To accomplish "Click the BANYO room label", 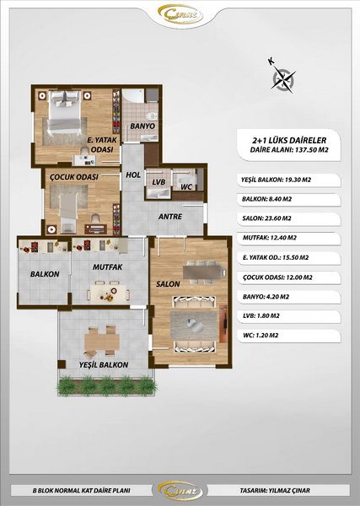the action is click(x=142, y=126).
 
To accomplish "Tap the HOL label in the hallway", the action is click(x=133, y=175).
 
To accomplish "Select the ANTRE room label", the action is click(x=170, y=217).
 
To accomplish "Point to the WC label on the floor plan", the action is click(x=186, y=187).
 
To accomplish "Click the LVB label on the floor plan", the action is click(x=159, y=182).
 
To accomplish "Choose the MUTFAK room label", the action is click(x=107, y=267).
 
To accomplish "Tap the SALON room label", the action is click(x=168, y=284).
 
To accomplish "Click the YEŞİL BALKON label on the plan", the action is click(x=104, y=364).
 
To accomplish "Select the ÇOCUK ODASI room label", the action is click(x=74, y=177).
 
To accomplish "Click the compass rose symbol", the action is click(x=283, y=79).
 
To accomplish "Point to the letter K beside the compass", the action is click(x=271, y=61).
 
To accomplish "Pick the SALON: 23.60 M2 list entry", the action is click(x=266, y=218).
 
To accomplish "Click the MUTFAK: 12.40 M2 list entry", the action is click(x=269, y=238).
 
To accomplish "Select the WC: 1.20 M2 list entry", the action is click(x=261, y=336).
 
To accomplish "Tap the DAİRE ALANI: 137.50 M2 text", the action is click(x=289, y=150).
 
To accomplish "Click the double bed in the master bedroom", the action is click(x=65, y=111).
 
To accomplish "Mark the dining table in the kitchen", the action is click(x=108, y=293).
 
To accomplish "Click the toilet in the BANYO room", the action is click(x=152, y=116).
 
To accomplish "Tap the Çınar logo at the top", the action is click(x=180, y=14).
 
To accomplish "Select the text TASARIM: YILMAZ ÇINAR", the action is click(x=275, y=491).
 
